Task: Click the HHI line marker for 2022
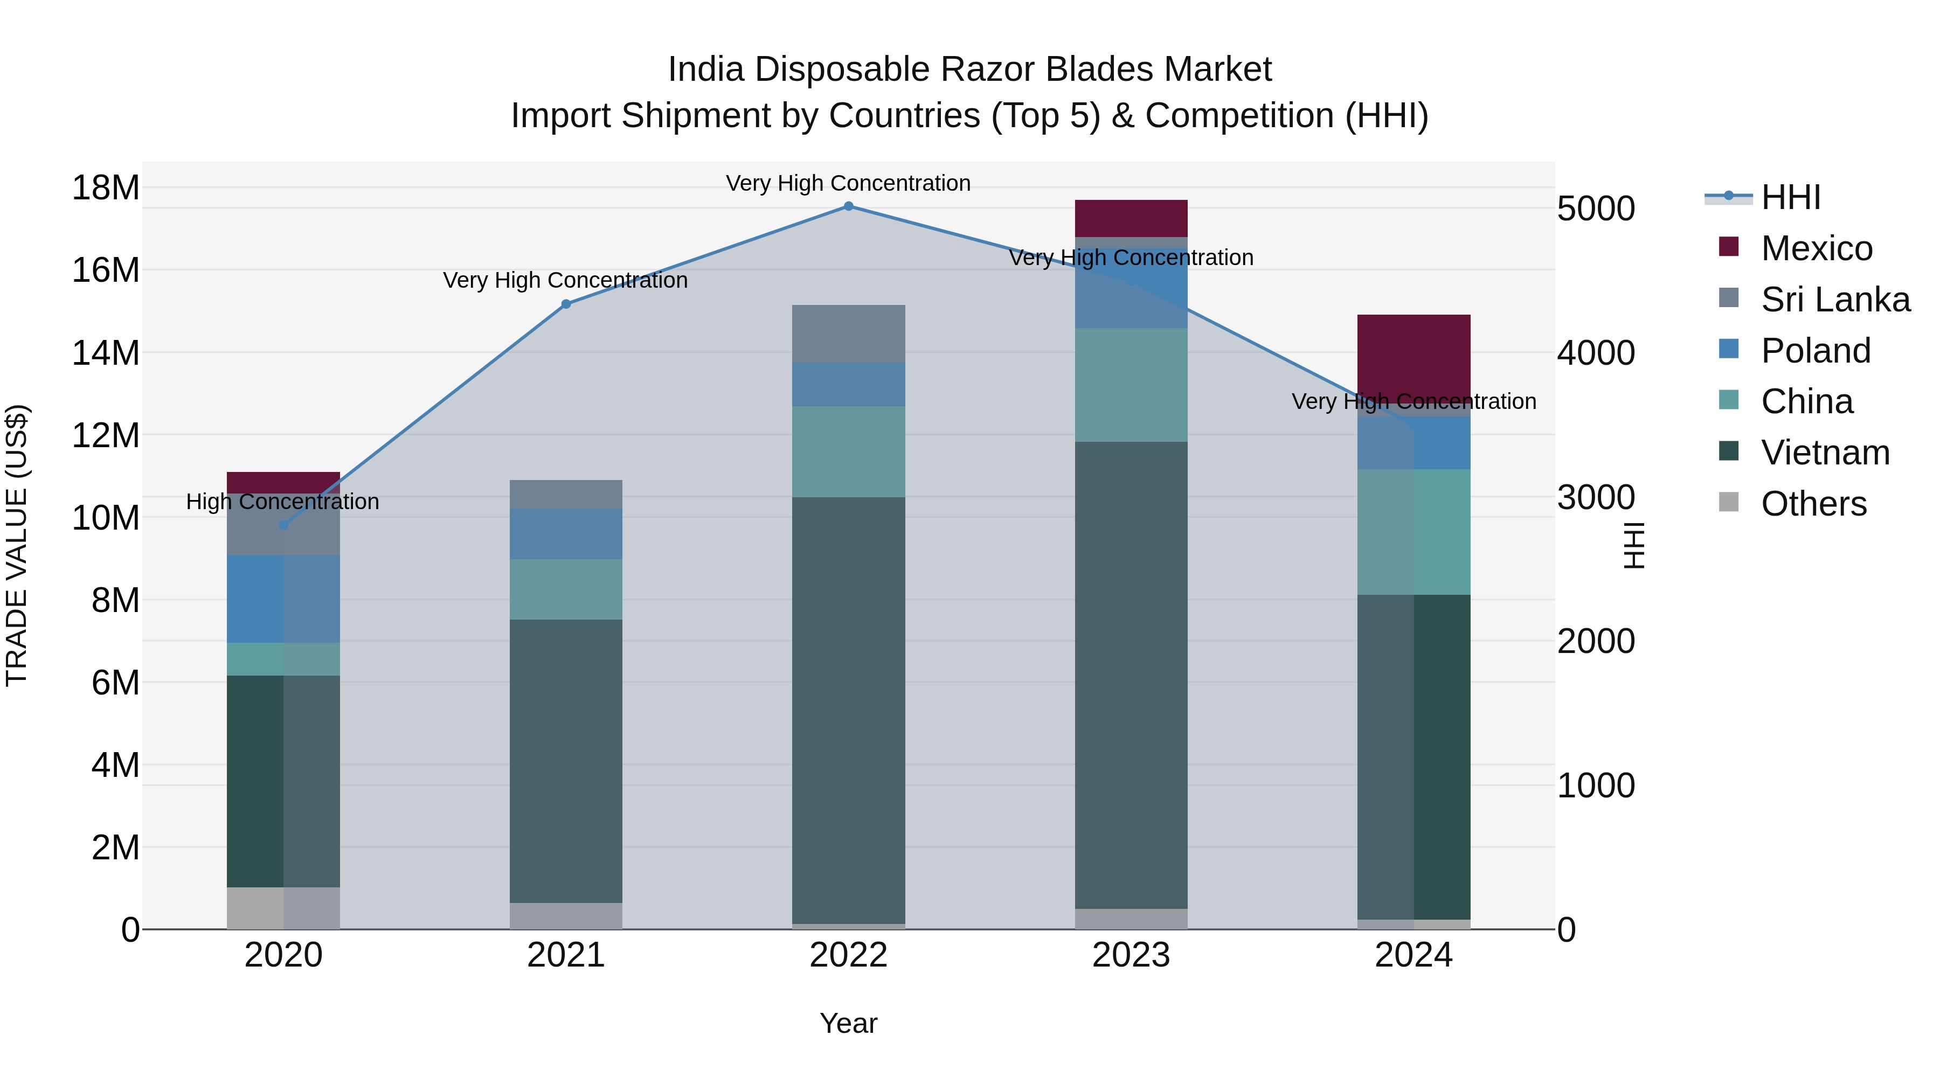pyautogui.click(x=849, y=206)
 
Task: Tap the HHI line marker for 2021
pyautogui.click(x=566, y=304)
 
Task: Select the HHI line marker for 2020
pyautogui.click(x=283, y=525)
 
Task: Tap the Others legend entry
pyautogui.click(x=1813, y=504)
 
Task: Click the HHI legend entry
pyautogui.click(x=1790, y=197)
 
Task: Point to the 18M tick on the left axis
pyautogui.click(x=106, y=187)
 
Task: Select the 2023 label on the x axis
pyautogui.click(x=1131, y=955)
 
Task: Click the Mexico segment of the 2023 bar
pyautogui.click(x=1131, y=218)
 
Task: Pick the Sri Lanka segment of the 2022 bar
pyautogui.click(x=849, y=334)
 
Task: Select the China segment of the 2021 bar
pyautogui.click(x=566, y=589)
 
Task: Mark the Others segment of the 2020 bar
pyautogui.click(x=283, y=908)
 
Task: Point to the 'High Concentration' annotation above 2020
pyautogui.click(x=282, y=502)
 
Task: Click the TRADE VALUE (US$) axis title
pyautogui.click(x=17, y=545)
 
